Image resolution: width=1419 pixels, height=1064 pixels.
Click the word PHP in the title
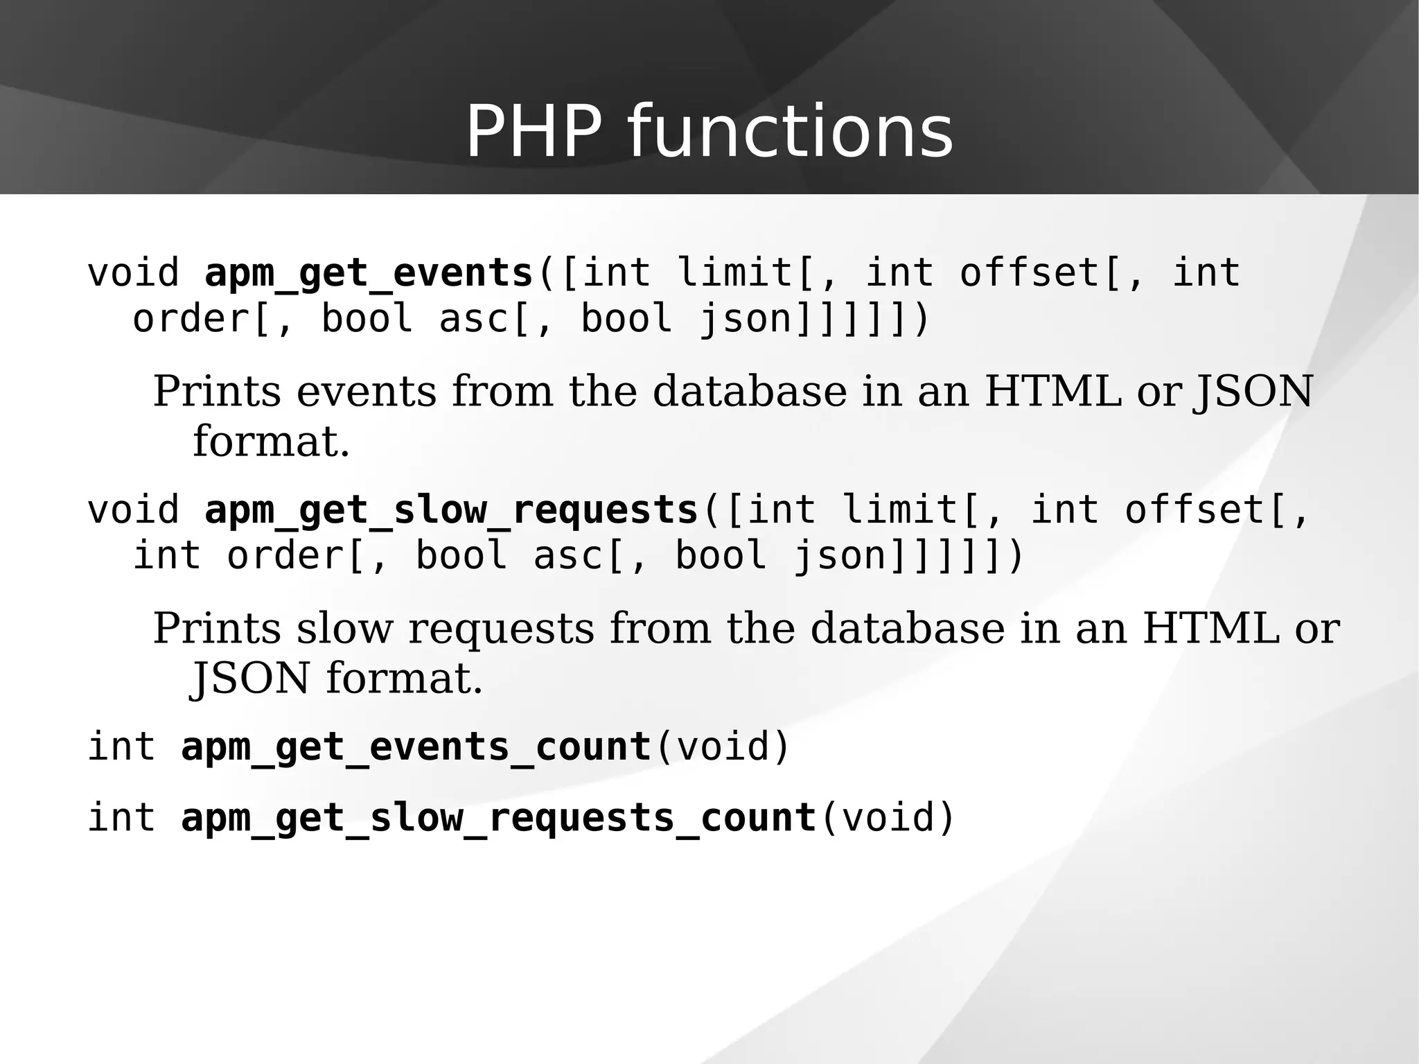click(x=534, y=132)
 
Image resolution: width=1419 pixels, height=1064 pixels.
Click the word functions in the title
click(x=790, y=132)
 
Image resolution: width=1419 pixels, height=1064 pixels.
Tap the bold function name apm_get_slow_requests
click(x=451, y=509)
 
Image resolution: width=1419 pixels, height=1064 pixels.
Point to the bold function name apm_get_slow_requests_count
click(x=498, y=817)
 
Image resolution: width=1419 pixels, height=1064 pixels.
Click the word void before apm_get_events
click(x=133, y=272)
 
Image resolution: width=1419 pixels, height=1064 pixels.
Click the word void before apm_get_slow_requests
click(x=133, y=509)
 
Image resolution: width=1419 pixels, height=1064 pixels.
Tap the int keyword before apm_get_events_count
click(x=121, y=747)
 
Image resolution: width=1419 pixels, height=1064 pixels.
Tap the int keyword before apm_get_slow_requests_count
click(x=121, y=817)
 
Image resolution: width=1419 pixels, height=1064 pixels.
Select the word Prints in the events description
click(x=217, y=392)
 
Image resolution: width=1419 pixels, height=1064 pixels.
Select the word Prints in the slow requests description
click(x=217, y=629)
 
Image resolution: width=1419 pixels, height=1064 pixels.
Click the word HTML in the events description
click(x=1052, y=392)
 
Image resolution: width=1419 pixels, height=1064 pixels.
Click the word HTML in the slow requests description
click(x=1210, y=629)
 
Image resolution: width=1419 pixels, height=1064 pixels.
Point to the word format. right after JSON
click(x=404, y=678)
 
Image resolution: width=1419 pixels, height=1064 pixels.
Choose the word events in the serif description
click(x=367, y=392)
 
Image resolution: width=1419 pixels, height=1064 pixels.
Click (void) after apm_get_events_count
click(x=722, y=747)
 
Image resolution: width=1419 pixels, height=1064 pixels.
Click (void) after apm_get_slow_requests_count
click(x=887, y=817)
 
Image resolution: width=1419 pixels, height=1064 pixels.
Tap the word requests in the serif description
click(x=501, y=629)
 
